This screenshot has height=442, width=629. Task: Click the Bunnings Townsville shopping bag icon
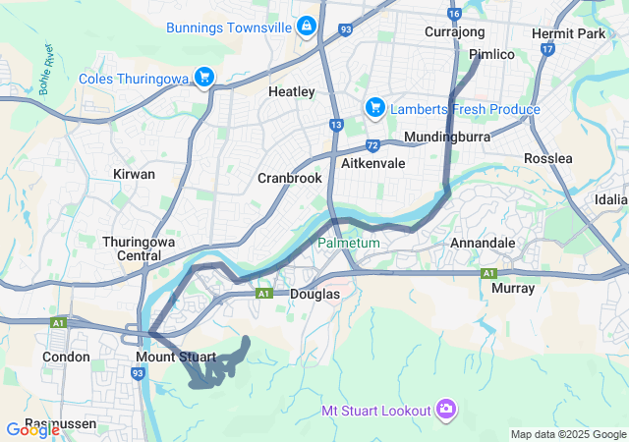point(307,26)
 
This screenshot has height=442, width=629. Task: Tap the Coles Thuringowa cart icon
point(204,77)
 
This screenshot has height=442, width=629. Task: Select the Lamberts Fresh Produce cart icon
point(374,107)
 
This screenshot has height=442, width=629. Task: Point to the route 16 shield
point(453,14)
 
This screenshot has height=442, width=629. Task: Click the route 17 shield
point(576,47)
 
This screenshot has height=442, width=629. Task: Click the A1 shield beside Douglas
point(262,293)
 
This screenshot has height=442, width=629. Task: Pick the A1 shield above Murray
point(488,272)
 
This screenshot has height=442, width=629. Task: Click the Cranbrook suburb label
point(289,178)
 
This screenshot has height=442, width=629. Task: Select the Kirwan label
point(135,174)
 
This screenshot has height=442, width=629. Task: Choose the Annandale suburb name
point(482,242)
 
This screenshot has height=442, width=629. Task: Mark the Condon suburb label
point(66,357)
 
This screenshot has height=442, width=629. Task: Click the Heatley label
point(291,91)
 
